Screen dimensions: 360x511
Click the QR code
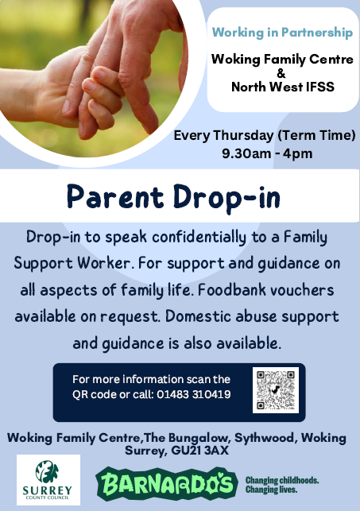point(276,390)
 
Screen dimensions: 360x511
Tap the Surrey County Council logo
point(48,480)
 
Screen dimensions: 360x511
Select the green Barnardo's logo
point(166,483)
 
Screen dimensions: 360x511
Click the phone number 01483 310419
point(194,394)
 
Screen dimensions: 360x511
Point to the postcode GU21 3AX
point(199,451)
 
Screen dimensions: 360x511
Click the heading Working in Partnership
point(282,33)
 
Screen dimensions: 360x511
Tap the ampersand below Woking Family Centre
point(281,73)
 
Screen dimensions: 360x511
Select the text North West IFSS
point(283,87)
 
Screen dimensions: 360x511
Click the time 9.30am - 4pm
point(267,153)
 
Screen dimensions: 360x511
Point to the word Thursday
point(243,135)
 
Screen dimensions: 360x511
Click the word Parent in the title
point(115,197)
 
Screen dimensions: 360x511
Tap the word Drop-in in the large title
point(226,199)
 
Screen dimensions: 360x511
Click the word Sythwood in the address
point(265,438)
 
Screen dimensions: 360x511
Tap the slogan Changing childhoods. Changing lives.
point(282,485)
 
